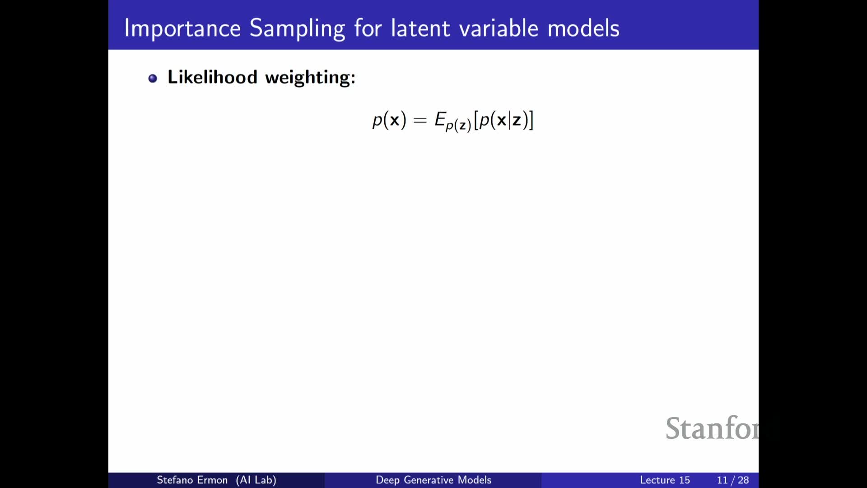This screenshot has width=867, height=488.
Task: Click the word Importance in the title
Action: [182, 28]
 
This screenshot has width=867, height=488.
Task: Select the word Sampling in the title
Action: [297, 28]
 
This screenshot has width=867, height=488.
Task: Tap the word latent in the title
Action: [421, 28]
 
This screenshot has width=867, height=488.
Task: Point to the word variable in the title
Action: [499, 28]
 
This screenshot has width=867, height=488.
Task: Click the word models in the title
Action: [583, 28]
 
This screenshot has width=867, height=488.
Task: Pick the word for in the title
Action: [368, 28]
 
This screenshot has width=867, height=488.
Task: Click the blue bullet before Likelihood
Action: [153, 78]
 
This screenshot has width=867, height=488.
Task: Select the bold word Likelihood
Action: [212, 77]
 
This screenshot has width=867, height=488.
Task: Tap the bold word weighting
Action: [310, 78]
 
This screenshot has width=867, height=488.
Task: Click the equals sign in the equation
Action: [420, 120]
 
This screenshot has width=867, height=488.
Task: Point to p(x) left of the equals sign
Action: [389, 120]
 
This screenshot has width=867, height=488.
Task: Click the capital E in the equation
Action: [440, 119]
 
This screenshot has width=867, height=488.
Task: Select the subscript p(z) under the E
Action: [458, 125]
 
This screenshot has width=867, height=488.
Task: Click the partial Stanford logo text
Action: [712, 428]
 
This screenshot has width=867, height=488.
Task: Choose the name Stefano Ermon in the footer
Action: [192, 480]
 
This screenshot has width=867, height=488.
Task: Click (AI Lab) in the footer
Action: [256, 480]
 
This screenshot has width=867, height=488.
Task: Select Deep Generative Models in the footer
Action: [433, 480]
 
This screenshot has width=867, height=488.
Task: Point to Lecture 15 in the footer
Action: [665, 480]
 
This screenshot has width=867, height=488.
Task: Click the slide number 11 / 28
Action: [733, 480]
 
